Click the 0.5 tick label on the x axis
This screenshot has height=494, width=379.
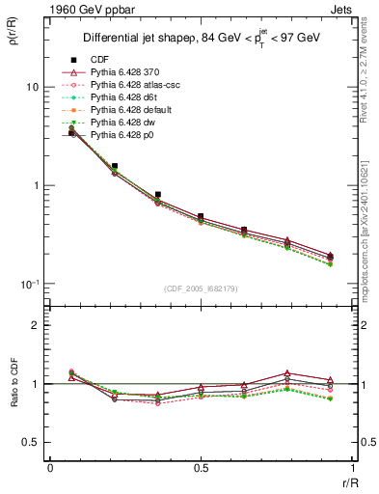[x=201, y=470]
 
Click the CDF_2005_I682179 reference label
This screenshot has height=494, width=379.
[x=200, y=288]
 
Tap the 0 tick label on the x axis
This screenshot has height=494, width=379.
[x=49, y=470]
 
